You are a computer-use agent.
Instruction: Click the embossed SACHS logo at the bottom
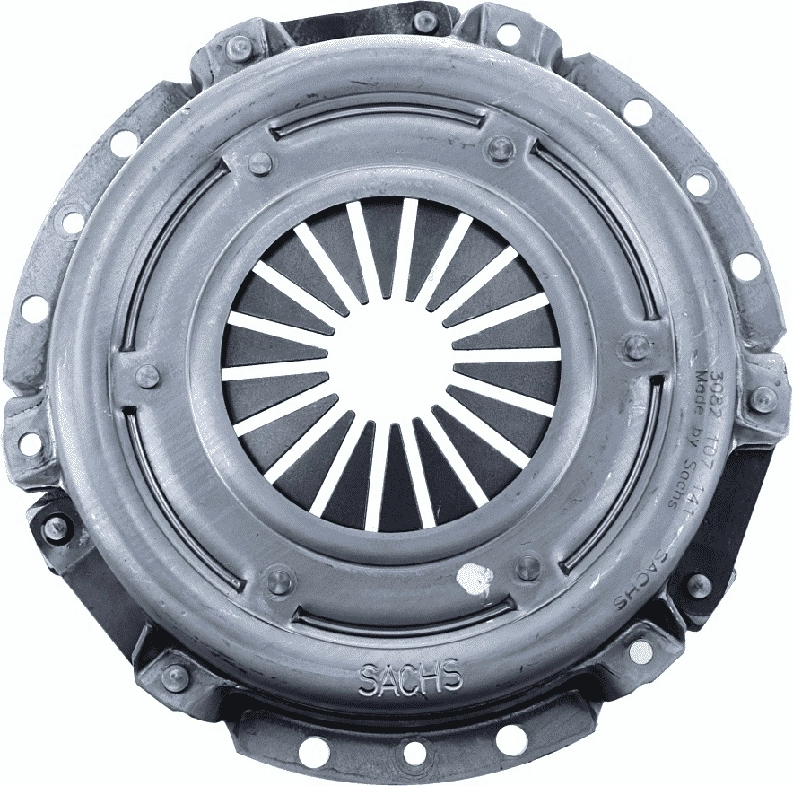click(x=410, y=677)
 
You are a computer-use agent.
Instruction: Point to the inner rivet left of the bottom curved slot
click(x=279, y=579)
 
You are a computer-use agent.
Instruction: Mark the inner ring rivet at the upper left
click(x=258, y=162)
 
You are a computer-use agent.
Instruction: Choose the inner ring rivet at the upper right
click(x=500, y=147)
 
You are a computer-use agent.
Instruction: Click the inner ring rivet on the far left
click(x=145, y=375)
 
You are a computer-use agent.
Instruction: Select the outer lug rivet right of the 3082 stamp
click(x=762, y=398)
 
